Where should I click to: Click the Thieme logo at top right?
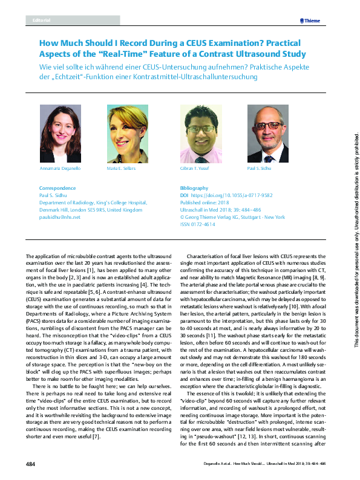[309, 21]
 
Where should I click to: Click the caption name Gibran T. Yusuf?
[195, 167]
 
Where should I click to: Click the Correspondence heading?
[57, 188]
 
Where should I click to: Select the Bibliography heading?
[194, 188]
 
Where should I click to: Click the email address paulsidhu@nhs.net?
[59, 216]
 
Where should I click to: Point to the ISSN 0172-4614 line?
[198, 224]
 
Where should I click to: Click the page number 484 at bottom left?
[31, 464]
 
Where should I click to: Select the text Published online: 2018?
[205, 203]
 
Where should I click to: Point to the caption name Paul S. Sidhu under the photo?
[261, 167]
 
